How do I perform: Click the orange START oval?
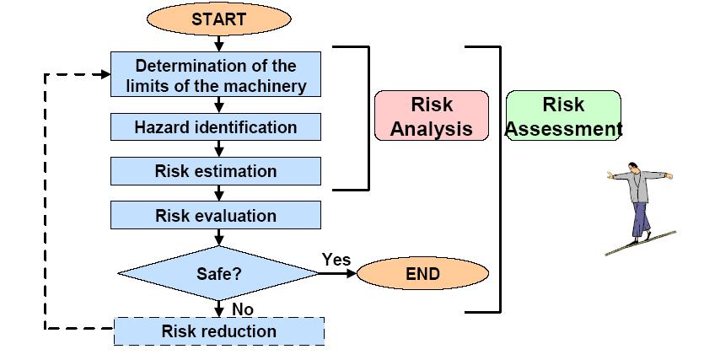[218, 19]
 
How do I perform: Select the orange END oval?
[422, 273]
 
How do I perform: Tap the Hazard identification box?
[216, 127]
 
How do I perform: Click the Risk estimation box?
[216, 171]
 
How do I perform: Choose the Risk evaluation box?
[216, 215]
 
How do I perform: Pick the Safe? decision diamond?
[218, 273]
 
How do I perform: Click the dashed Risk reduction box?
[219, 331]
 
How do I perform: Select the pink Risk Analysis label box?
[432, 116]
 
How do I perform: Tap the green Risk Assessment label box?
[563, 116]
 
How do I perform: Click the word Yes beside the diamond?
[336, 259]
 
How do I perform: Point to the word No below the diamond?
[243, 309]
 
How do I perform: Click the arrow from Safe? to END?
[337, 273]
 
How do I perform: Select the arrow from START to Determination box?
[218, 44]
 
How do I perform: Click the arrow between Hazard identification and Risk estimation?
[218, 148]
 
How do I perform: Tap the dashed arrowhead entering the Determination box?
[106, 74]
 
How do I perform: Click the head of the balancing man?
[633, 167]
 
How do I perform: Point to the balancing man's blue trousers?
[641, 219]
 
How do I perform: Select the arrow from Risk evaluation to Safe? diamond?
[218, 237]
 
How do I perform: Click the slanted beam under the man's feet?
[641, 244]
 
